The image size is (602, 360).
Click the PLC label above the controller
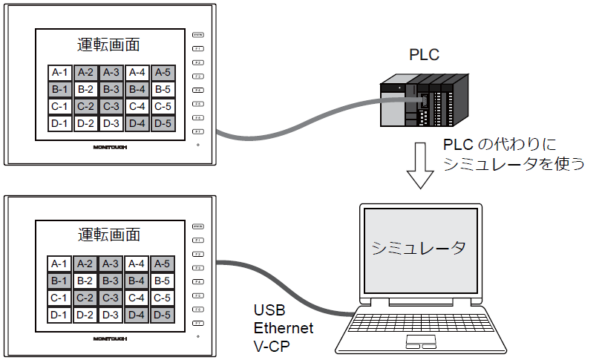(x=425, y=55)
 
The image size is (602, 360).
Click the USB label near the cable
(x=269, y=310)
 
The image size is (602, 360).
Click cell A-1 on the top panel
(x=59, y=73)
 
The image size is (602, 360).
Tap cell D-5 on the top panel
(x=163, y=123)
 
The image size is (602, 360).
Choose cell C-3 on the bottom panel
(x=111, y=298)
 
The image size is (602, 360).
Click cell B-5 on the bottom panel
(x=163, y=281)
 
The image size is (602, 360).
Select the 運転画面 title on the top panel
(x=108, y=45)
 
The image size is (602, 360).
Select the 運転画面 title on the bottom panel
(x=108, y=235)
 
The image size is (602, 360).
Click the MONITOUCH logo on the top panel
(x=109, y=147)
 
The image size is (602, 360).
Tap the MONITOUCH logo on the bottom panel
(x=109, y=338)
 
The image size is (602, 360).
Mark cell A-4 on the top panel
(x=137, y=73)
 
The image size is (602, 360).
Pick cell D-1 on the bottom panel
(x=59, y=315)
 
